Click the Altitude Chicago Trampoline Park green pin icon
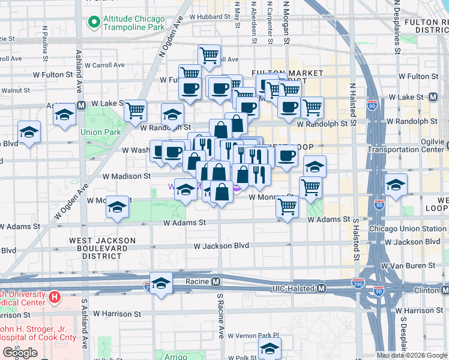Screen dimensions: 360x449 point(94,23)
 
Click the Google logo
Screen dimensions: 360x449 point(20,353)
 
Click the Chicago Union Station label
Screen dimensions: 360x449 point(408,229)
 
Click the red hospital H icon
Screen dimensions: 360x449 point(55,296)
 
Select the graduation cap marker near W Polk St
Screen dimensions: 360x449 point(270,348)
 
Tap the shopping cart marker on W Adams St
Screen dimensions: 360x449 point(288,207)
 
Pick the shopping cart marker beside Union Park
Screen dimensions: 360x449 point(136,110)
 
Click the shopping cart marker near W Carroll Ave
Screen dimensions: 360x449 point(208,56)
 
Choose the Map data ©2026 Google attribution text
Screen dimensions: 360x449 point(411,355)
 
